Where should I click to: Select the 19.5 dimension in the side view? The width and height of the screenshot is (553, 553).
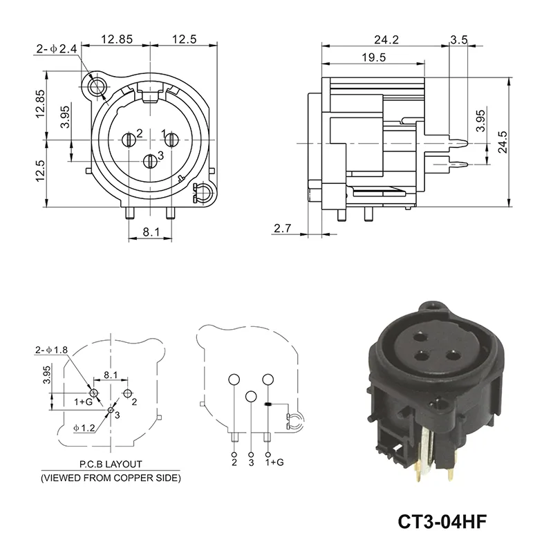pos(372,58)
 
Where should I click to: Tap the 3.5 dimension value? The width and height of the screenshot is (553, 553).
pos(458,39)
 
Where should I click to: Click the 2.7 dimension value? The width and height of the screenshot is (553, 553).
pos(283,228)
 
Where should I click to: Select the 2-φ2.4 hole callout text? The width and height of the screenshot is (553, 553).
pos(57,49)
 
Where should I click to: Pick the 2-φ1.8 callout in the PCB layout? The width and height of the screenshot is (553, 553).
pos(51,350)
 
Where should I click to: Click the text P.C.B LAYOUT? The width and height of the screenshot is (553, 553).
pos(110,465)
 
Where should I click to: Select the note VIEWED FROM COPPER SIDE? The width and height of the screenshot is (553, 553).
pos(110,478)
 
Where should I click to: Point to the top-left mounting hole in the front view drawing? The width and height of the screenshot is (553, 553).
pos(95,86)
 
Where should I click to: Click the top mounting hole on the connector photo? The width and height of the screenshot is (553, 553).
pos(433,305)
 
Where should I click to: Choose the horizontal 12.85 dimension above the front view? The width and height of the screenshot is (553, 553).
pos(115,39)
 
